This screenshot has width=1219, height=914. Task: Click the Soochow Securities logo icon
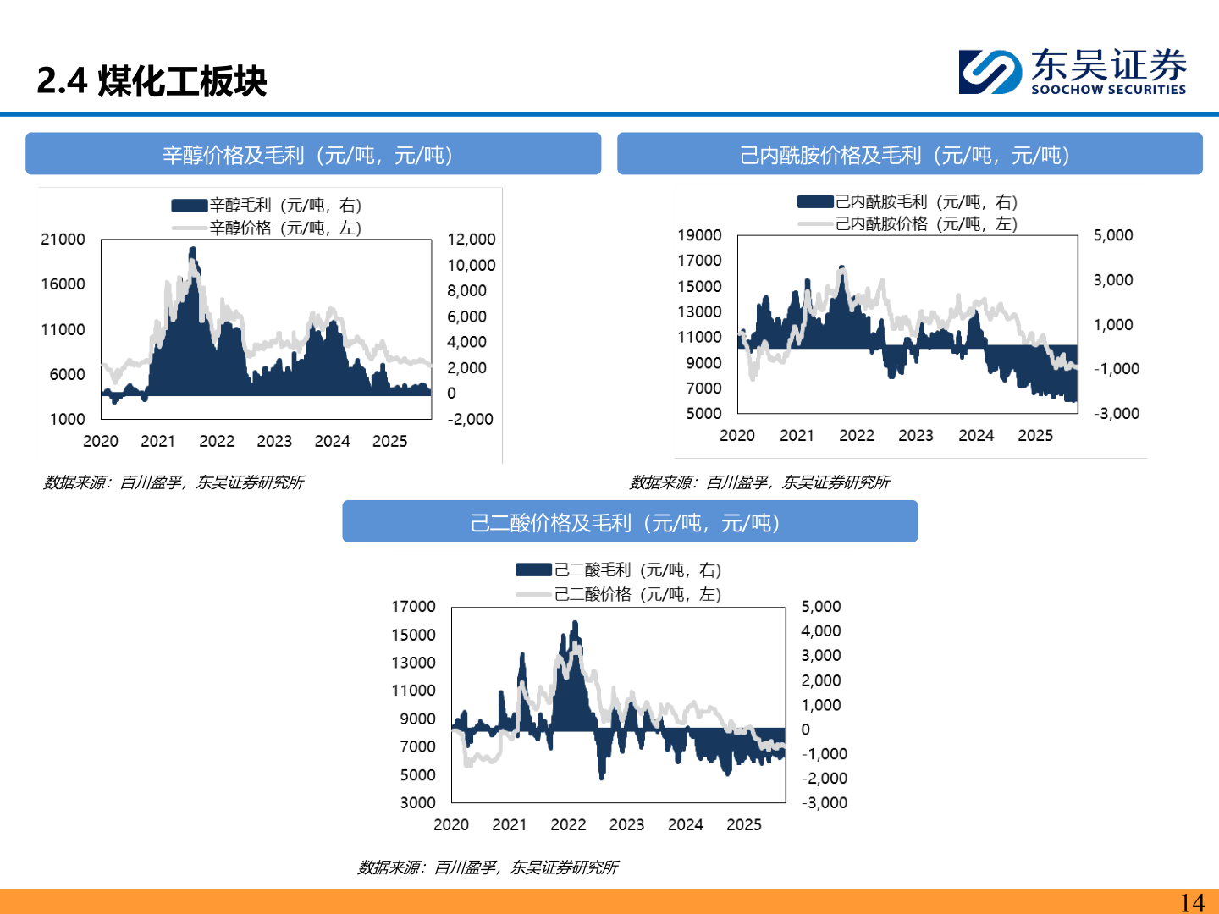click(x=990, y=72)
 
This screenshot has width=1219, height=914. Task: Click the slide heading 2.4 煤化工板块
click(x=152, y=81)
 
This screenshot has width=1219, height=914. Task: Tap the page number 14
click(x=1192, y=902)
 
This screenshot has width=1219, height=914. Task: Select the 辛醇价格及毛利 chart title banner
click(x=313, y=154)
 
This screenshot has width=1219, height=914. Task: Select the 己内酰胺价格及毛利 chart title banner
click(x=910, y=154)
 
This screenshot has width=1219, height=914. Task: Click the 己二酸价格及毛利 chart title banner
click(x=630, y=521)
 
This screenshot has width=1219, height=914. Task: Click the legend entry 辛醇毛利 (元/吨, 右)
click(x=267, y=206)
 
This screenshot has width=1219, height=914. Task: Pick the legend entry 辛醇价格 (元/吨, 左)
click(x=267, y=228)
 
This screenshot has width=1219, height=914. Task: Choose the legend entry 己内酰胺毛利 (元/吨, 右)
click(x=907, y=201)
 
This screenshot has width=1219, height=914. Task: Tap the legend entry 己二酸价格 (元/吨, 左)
click(x=619, y=594)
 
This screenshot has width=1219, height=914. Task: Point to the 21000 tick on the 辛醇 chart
click(x=63, y=240)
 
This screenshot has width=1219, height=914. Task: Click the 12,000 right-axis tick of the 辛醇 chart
click(x=472, y=240)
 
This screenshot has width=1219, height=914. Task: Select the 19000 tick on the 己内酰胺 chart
click(x=700, y=235)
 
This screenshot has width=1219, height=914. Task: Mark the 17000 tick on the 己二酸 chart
click(x=413, y=606)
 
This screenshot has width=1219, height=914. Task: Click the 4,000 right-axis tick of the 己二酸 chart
click(x=821, y=630)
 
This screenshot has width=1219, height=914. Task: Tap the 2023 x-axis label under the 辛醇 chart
click(x=274, y=441)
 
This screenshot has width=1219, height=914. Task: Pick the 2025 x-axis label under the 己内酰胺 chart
click(x=1035, y=436)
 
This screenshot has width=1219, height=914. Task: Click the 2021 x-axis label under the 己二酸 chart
click(x=510, y=824)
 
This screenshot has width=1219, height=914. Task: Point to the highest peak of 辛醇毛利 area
click(x=193, y=248)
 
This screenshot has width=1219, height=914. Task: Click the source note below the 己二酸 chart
click(x=488, y=867)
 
